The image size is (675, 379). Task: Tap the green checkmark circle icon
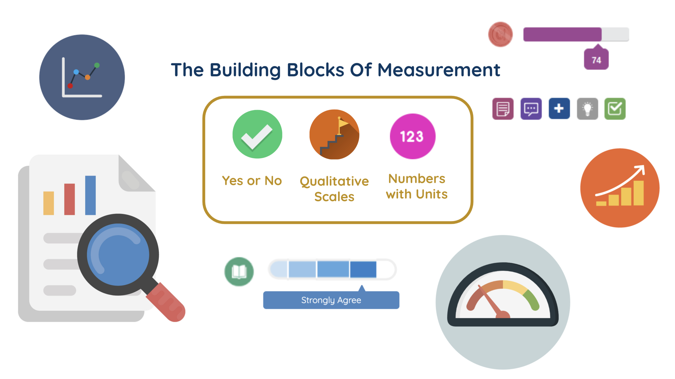pos(257,134)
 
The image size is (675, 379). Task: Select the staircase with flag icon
pos(334,134)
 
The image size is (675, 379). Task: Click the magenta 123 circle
pos(413,136)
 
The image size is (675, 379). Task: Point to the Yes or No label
pos(252,181)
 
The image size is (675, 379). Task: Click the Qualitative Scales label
pos(334,189)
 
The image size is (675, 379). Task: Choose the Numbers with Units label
pos(417,186)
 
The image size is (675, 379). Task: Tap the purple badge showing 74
pos(596,60)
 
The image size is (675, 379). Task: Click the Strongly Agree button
pos(331,300)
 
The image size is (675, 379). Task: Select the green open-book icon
pos(239,272)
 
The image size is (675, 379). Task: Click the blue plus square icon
pos(559,109)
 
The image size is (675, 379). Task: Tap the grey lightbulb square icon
pos(587,109)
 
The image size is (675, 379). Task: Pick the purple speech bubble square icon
pos(531,109)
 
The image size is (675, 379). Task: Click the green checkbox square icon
pos(615,109)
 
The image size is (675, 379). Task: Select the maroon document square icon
pos(503,109)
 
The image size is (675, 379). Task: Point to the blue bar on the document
pos(90,195)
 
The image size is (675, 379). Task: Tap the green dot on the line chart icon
pos(97,65)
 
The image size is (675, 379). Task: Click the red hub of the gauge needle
pos(503,315)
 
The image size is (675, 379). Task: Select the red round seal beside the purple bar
pos(500,34)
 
